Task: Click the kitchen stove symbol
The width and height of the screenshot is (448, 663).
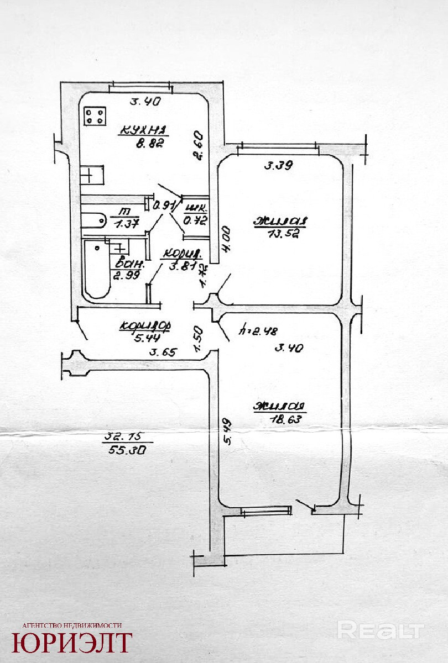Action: (95, 116)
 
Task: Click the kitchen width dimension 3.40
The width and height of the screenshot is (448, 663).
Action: (145, 101)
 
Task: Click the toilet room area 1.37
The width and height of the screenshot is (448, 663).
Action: (127, 224)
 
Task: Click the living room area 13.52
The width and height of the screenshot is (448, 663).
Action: (280, 234)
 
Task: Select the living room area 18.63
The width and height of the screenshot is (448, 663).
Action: (280, 419)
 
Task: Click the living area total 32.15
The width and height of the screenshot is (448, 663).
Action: (122, 440)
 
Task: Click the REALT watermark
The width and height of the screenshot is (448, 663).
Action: (381, 630)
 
